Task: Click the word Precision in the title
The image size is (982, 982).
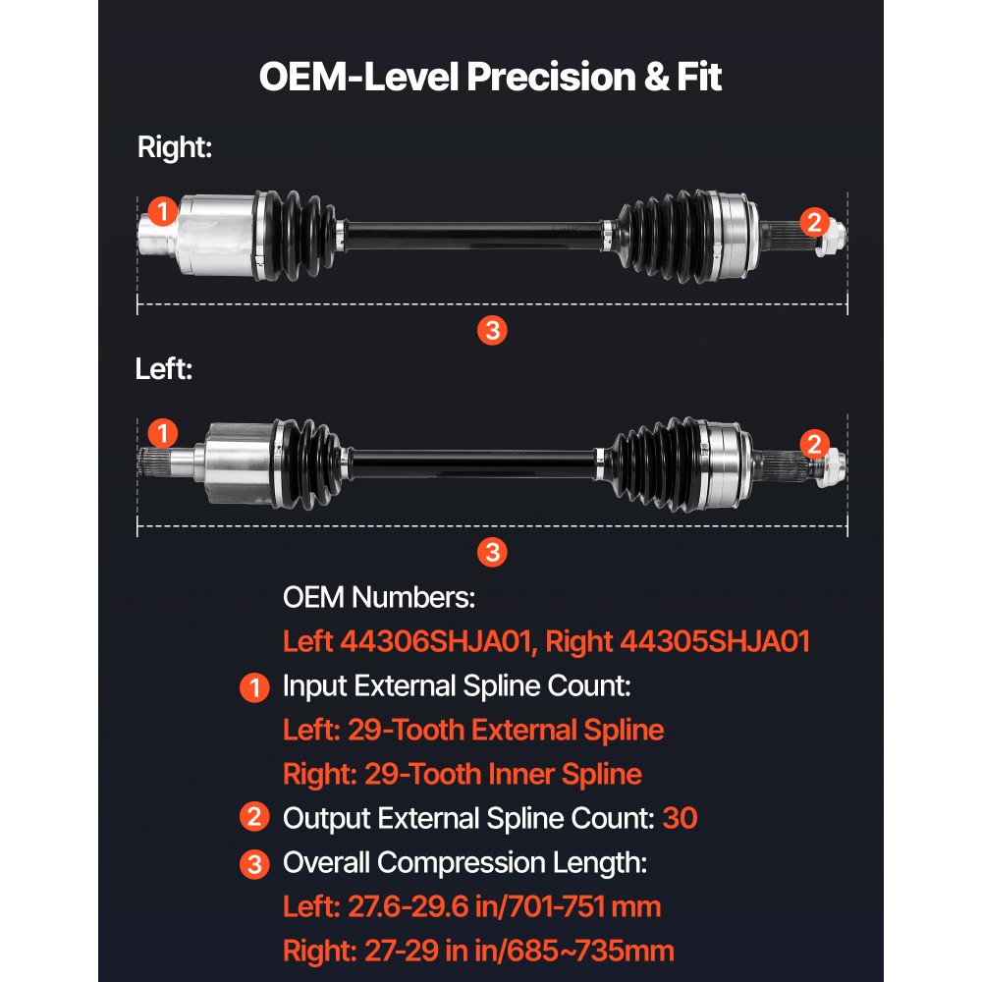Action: [x=551, y=77]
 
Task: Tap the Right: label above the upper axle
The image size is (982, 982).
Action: [x=175, y=147]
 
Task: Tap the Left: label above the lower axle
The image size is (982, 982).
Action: [x=164, y=369]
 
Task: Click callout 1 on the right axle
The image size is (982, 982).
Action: [x=163, y=211]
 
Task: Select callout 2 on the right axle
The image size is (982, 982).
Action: [x=814, y=222]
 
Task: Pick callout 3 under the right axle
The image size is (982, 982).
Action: [x=492, y=331]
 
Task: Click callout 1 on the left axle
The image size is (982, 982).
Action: [x=163, y=433]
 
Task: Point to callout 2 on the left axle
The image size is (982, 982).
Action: [x=814, y=444]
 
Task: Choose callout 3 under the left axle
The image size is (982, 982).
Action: [x=492, y=552]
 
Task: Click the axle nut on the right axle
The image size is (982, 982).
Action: [x=833, y=239]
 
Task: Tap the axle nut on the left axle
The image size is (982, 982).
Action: [x=833, y=467]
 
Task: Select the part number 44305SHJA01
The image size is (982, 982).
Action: [x=715, y=641]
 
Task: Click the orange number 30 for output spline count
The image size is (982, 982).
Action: [x=680, y=818]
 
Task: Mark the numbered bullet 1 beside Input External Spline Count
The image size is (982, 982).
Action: [x=255, y=687]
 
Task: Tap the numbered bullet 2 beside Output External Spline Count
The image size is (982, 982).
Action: [x=255, y=817]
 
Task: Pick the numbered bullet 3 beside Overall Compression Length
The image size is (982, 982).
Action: [x=255, y=865]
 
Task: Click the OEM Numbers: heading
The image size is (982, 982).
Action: [x=379, y=597]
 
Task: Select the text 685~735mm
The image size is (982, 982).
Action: [x=590, y=951]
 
